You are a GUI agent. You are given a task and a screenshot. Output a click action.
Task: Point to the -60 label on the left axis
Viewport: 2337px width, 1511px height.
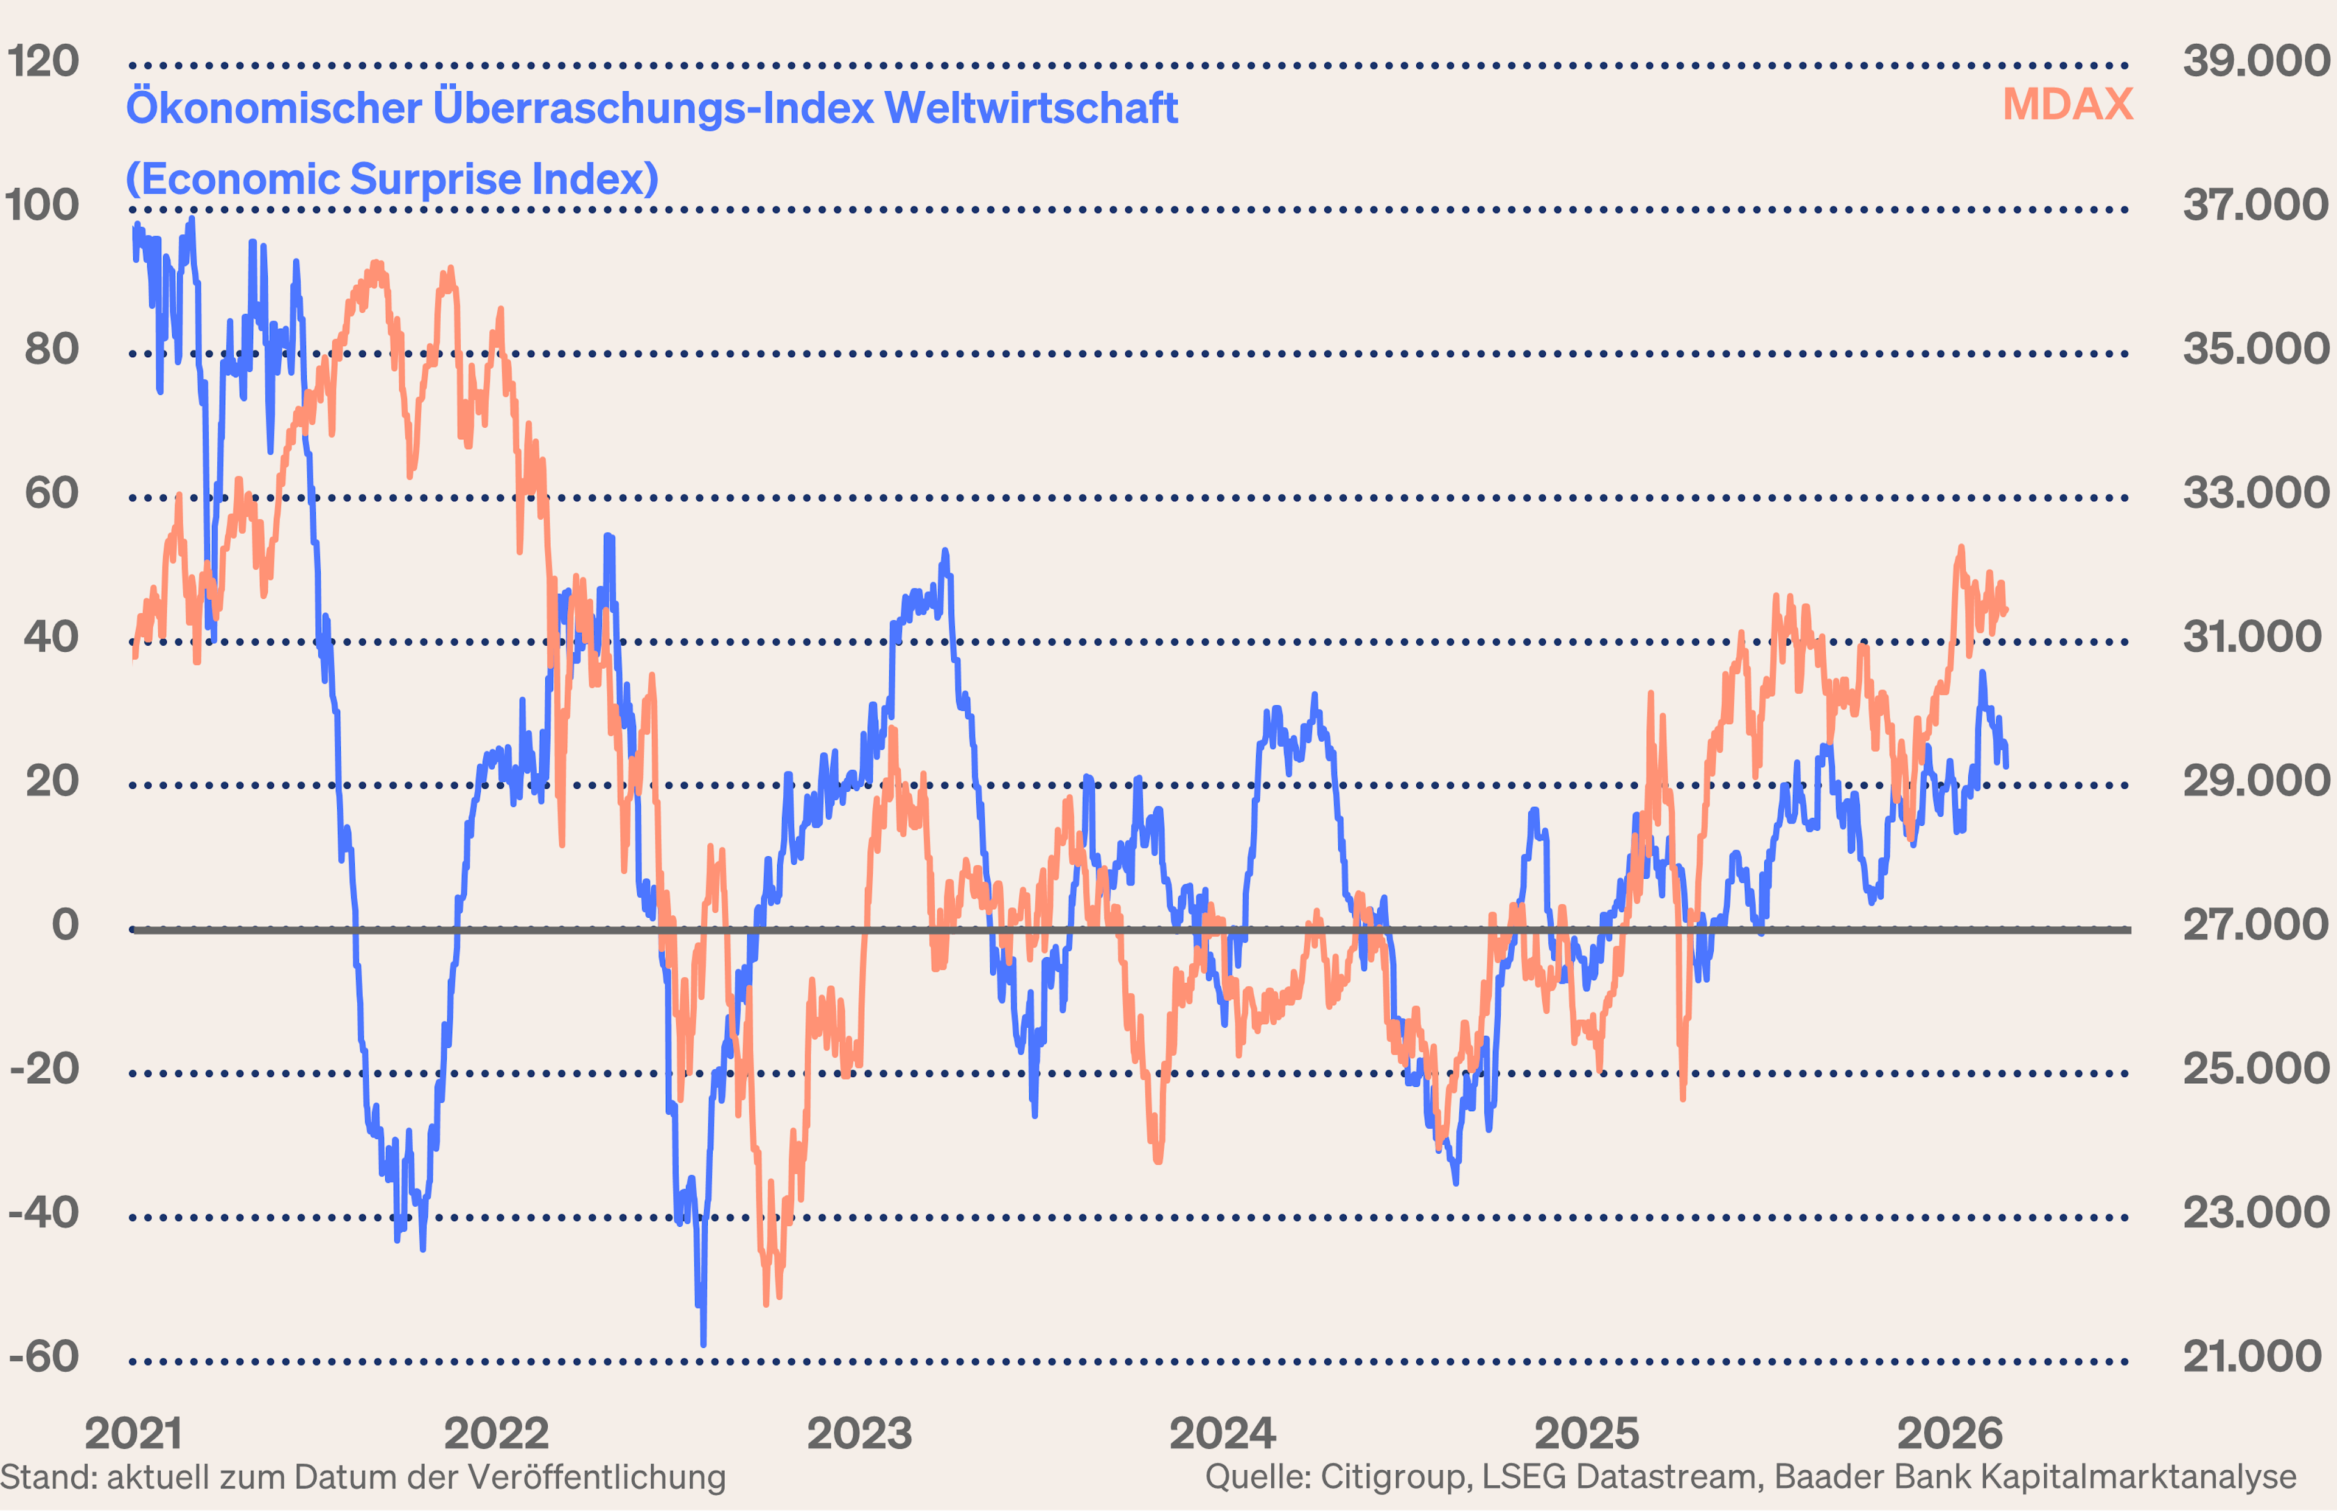[43, 1357]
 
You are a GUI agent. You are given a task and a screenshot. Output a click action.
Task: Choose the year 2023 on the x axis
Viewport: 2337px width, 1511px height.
[859, 1434]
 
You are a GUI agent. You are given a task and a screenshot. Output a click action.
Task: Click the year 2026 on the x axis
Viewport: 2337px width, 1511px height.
[1949, 1434]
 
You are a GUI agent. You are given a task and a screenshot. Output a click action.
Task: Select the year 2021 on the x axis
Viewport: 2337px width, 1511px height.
[133, 1434]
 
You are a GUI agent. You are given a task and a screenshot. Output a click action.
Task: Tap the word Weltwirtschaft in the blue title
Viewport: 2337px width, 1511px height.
[1030, 108]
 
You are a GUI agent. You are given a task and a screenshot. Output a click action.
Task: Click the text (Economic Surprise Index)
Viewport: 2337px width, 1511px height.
[393, 180]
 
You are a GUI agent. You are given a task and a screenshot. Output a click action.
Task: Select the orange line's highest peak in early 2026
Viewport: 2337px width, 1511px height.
[1961, 548]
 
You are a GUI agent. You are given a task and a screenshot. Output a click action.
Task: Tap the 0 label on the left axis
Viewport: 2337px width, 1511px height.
[65, 925]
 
